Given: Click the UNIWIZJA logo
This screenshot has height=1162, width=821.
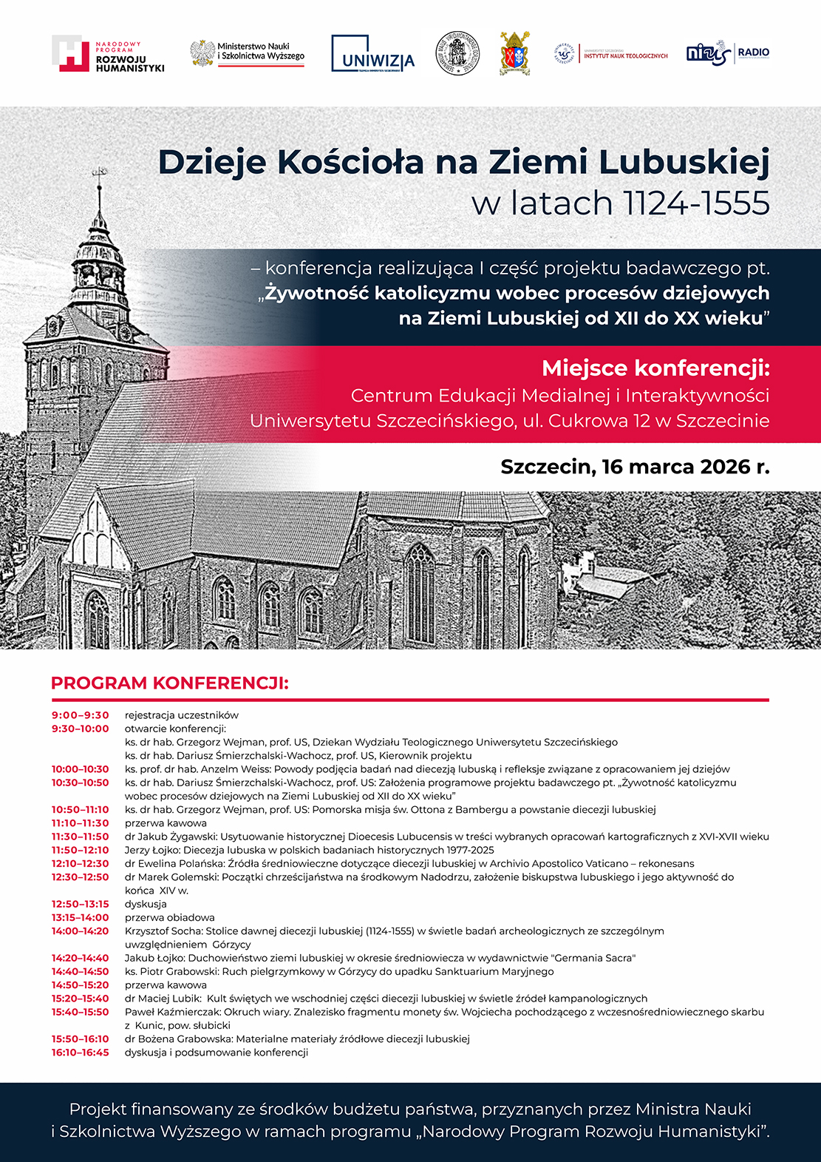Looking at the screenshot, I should (372, 54).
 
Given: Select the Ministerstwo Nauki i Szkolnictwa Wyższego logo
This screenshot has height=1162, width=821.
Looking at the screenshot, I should (248, 54).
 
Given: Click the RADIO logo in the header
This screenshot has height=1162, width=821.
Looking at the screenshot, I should (728, 53).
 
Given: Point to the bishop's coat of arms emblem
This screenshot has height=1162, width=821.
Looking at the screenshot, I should (514, 53).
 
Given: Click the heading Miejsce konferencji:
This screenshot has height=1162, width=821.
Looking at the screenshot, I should (655, 368).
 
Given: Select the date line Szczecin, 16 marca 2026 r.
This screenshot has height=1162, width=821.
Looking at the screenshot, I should (635, 467).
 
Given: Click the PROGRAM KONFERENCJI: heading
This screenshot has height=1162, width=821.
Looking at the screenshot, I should (169, 683).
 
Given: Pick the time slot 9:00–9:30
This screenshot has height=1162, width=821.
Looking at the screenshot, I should (80, 715).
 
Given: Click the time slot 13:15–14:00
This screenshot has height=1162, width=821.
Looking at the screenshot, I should (80, 917).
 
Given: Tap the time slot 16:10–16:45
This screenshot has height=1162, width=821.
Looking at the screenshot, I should (80, 1053).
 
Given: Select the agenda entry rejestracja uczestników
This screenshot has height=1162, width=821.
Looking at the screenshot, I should (181, 715).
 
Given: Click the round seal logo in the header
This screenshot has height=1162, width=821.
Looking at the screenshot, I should (457, 53).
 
